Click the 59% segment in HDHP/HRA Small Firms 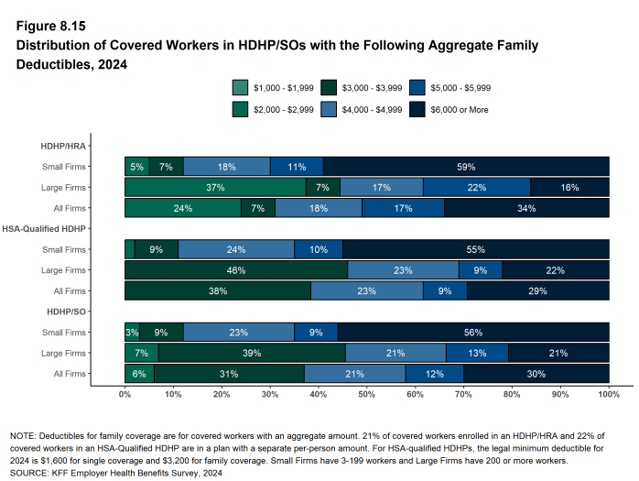(x=465, y=167)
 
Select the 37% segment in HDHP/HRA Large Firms (x=215, y=188)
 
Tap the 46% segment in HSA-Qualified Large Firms (x=236, y=270)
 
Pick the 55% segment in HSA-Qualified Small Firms (x=475, y=249)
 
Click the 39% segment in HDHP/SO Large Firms (x=252, y=353)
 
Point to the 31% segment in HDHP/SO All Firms (x=229, y=374)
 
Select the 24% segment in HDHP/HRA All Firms (x=182, y=209)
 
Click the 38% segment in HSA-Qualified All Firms (x=217, y=291)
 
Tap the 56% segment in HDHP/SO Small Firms (x=473, y=332)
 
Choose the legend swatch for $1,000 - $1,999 (x=241, y=88)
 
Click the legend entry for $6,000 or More (x=465, y=109)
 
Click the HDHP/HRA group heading (x=65, y=145)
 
